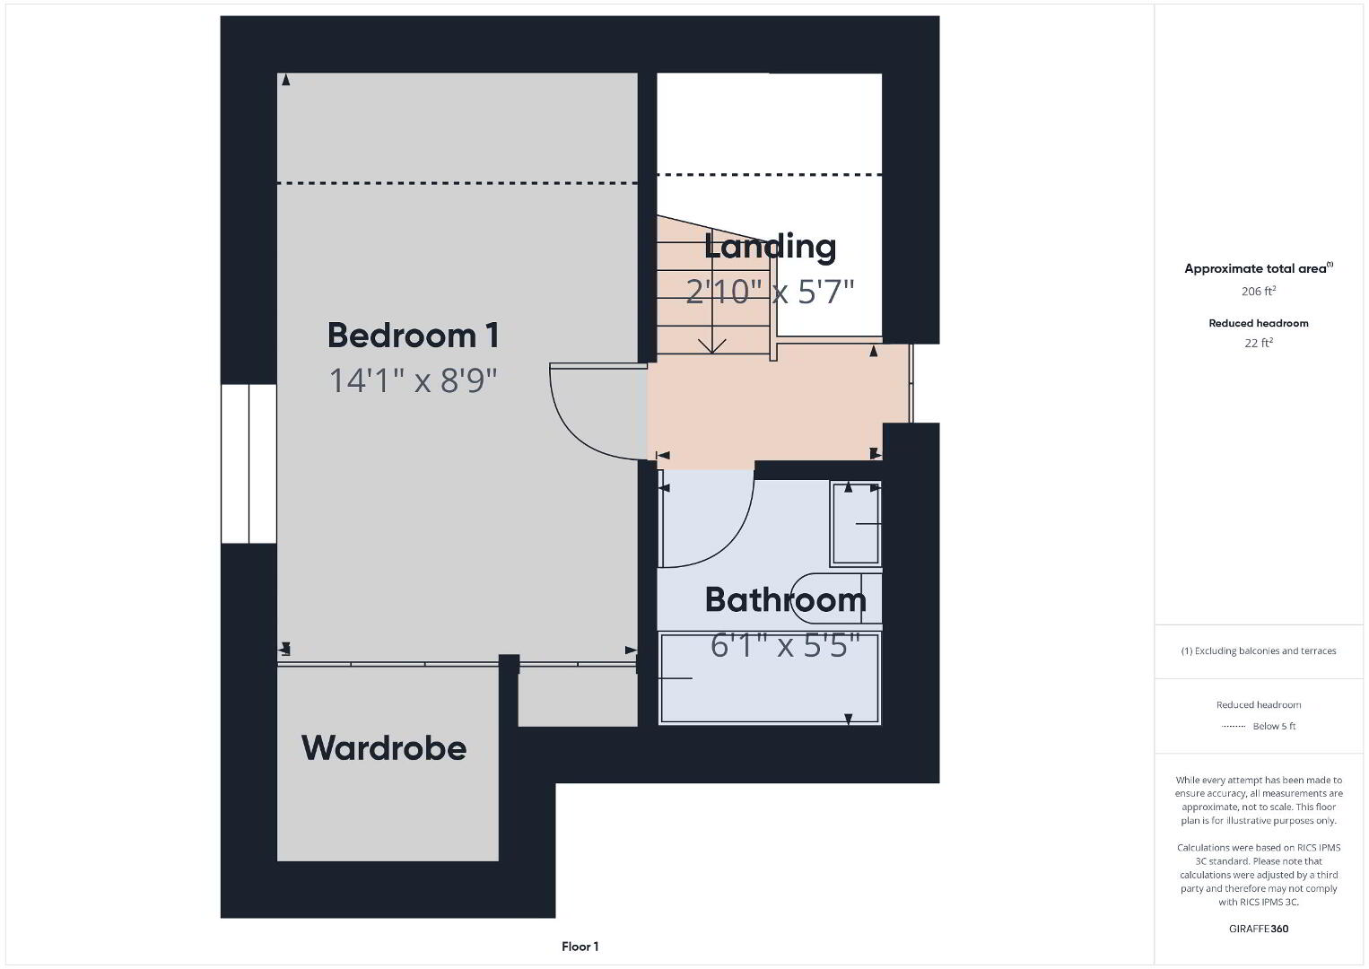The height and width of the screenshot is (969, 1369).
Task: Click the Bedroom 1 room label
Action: pos(414,335)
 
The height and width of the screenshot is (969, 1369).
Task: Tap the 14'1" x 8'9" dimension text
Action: pos(414,380)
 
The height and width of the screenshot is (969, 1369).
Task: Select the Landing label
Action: pos(770,247)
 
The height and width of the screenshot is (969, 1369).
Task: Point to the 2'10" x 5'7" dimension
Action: pos(770,291)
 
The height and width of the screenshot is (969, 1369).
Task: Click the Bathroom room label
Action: pos(785,599)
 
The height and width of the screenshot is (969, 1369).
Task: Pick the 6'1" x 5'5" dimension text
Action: pos(785,645)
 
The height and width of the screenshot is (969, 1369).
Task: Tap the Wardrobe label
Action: pos(384,747)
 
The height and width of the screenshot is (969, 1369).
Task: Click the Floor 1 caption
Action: pos(580,947)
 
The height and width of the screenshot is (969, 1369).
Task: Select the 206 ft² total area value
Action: pos(1259,291)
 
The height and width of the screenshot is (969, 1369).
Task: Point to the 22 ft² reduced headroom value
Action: pos(1259,343)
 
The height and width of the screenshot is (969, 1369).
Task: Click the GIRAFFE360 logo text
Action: pos(1259,929)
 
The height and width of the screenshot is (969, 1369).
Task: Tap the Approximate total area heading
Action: pos(1259,268)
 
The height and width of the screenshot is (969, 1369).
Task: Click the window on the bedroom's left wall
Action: pos(249,463)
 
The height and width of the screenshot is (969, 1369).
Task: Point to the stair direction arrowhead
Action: pos(712,346)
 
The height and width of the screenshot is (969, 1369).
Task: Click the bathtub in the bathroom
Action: pos(770,678)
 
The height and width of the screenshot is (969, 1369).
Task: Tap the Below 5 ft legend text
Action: pos(1274,726)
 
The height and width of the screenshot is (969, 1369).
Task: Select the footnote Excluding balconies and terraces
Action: pos(1259,651)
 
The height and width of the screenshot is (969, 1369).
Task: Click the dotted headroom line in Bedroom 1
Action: pos(458,183)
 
